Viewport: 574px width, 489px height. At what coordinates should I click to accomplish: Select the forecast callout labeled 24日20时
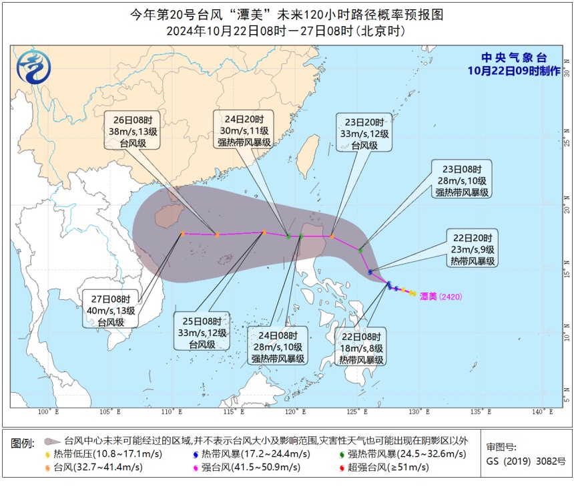pyautogui.click(x=244, y=129)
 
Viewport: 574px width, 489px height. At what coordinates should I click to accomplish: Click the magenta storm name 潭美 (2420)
pyautogui.click(x=441, y=297)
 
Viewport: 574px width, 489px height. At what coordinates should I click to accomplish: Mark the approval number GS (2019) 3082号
pyautogui.click(x=525, y=461)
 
